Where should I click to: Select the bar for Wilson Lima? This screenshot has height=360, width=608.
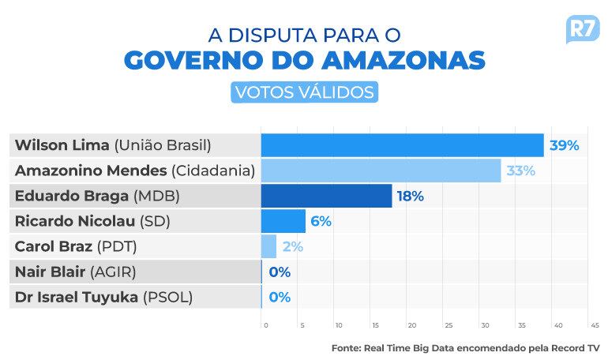[x=402, y=145]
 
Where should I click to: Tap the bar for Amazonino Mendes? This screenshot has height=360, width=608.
[x=381, y=171]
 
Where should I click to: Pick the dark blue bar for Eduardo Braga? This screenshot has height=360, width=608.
[x=326, y=196]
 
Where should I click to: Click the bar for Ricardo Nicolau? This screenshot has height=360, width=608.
[x=283, y=221]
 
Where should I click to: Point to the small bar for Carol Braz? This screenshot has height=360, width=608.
[x=268, y=246]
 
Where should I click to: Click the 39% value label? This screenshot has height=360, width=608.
[x=565, y=145]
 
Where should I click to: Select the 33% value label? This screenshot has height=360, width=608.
[x=521, y=171]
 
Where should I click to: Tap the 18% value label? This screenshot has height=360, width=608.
[x=411, y=196]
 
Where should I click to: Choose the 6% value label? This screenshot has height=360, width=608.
[x=321, y=221]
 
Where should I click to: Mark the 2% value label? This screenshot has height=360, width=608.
[x=292, y=246]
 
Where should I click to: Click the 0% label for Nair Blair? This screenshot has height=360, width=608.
[x=280, y=272]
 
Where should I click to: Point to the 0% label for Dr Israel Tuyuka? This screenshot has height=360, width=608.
[x=280, y=298]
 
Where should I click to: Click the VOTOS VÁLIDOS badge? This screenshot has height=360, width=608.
[x=303, y=92]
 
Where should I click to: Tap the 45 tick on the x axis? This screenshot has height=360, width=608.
[x=594, y=325]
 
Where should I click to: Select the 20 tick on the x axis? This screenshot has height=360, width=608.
[x=411, y=325]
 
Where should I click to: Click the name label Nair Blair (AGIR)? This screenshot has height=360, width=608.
[x=75, y=272]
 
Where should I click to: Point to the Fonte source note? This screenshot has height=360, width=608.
[x=465, y=347]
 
